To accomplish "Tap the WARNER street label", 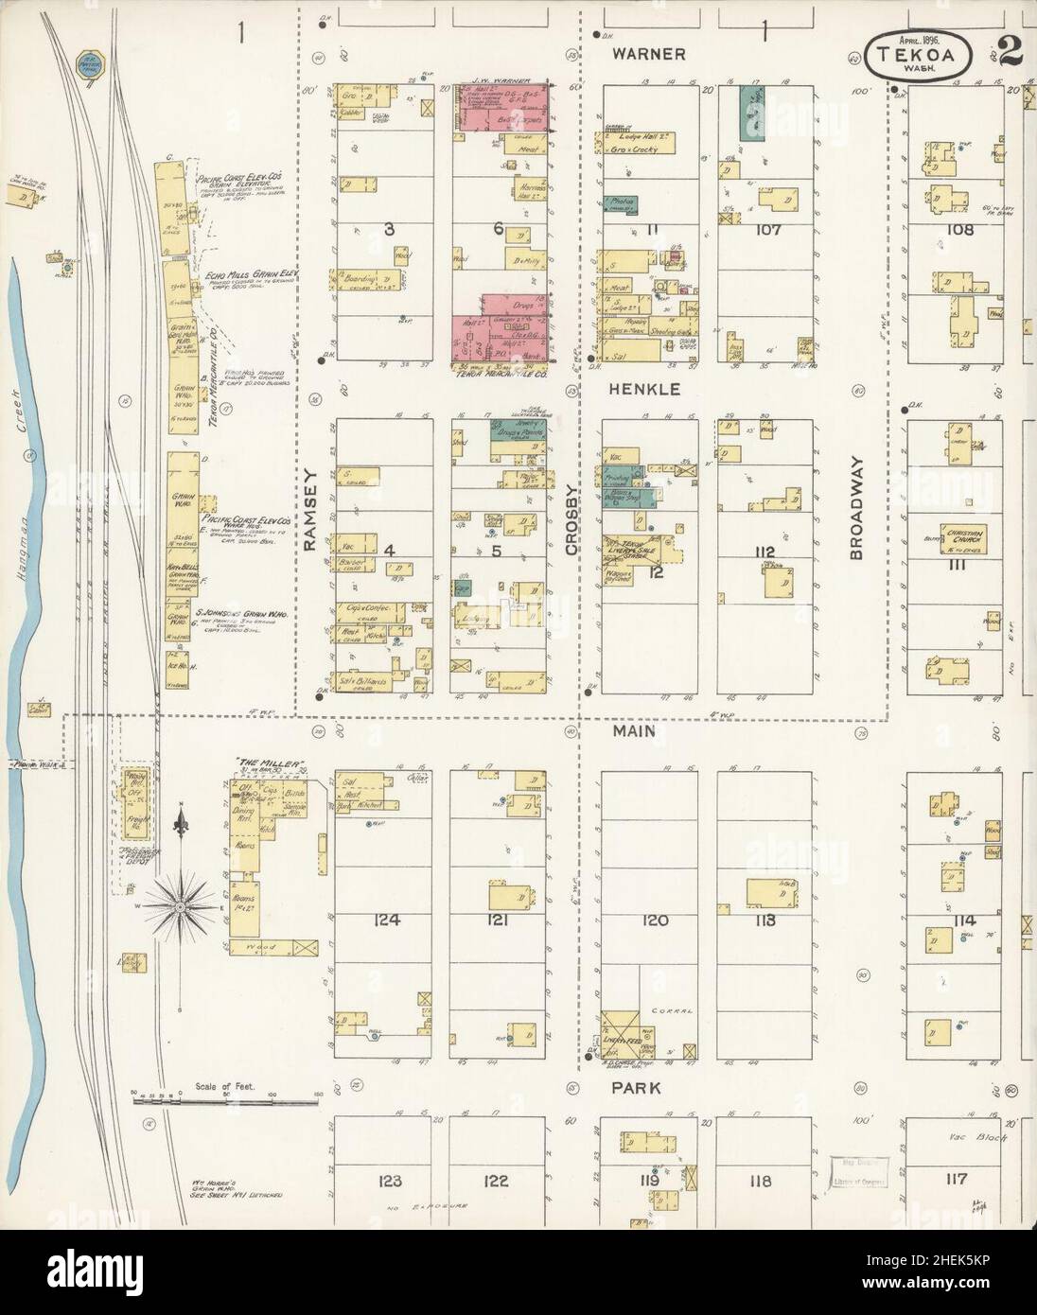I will pos(648,54).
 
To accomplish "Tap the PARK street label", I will pos(635,1088).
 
